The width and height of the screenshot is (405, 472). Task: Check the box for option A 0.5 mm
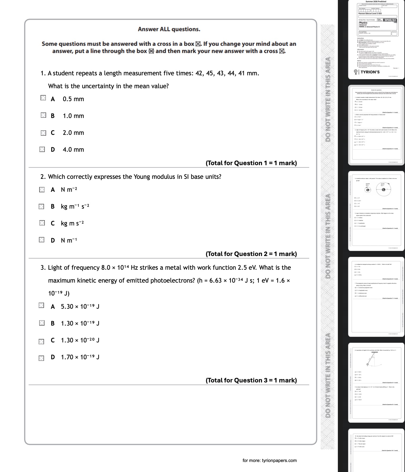(43, 98)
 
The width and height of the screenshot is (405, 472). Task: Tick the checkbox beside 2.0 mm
(43, 133)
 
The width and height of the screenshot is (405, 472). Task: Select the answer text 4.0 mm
(73, 150)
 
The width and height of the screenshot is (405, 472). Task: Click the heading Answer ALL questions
(169, 29)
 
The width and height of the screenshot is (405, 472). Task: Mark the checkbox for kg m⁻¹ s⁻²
(42, 206)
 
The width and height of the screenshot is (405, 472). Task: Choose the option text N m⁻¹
(69, 240)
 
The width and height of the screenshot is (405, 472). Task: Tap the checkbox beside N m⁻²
(42, 190)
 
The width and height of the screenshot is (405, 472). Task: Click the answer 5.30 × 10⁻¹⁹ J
(80, 307)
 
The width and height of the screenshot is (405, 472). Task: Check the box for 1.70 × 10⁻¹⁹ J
(42, 358)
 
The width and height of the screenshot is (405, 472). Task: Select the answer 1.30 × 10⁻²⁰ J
(80, 340)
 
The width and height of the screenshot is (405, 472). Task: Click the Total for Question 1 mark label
(251, 163)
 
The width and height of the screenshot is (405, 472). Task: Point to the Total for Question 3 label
(251, 380)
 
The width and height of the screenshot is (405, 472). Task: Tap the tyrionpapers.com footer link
(270, 460)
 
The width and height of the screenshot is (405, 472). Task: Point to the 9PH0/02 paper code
(390, 20)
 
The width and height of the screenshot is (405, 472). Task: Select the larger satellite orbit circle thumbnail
(384, 189)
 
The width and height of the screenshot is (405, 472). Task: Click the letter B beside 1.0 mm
(53, 116)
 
